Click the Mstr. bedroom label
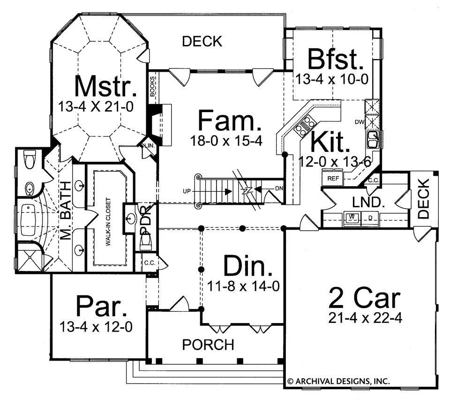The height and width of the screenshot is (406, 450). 105,86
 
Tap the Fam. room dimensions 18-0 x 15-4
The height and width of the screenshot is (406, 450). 226,141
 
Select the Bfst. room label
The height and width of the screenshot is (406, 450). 335,60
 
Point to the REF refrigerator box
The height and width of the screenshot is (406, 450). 333,179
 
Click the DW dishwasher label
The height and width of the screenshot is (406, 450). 360,122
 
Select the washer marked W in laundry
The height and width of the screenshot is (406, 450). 352,218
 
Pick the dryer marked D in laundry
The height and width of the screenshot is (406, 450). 370,218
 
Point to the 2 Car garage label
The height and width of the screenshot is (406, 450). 364,298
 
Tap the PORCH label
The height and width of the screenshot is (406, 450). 208,345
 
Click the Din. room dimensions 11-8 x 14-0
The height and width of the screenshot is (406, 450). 243,286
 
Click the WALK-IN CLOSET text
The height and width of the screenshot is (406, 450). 108,222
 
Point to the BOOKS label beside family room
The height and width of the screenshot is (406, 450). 152,86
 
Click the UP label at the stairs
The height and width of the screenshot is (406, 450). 187,191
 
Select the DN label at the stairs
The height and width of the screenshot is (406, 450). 279,188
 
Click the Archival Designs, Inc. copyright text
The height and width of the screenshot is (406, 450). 338,381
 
